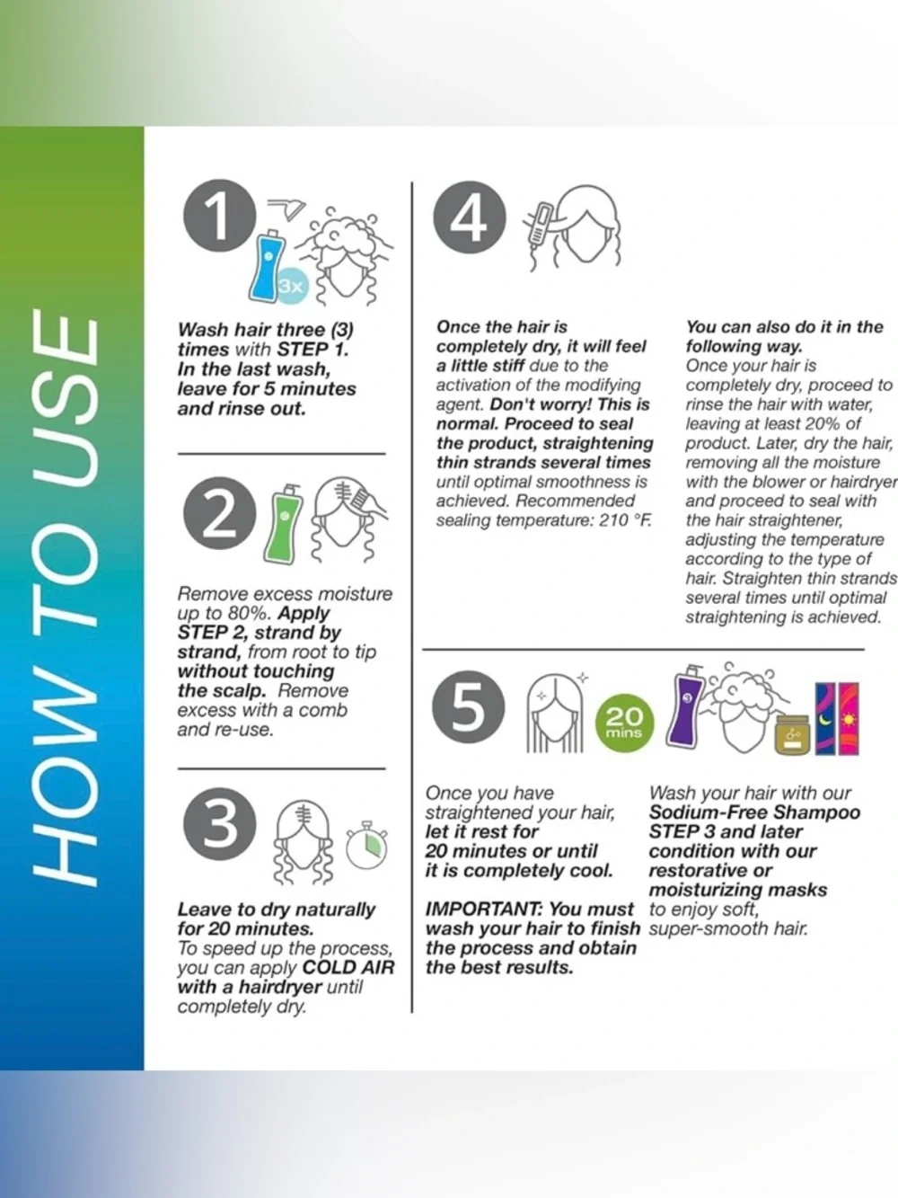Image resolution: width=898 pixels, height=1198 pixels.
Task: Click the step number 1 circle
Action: click(220, 216)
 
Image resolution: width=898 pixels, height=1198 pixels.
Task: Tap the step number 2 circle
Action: click(220, 513)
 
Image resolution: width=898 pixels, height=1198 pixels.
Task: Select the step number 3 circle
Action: click(220, 823)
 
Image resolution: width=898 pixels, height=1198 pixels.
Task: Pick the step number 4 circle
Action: click(470, 217)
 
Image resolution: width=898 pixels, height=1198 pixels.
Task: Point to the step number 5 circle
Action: click(469, 706)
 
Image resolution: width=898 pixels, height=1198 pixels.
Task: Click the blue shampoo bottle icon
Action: click(267, 265)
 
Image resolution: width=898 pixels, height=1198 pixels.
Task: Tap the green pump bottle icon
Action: click(283, 524)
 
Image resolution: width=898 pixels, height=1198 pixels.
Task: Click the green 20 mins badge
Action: click(624, 723)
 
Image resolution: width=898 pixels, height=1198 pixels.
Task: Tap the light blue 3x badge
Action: click(292, 286)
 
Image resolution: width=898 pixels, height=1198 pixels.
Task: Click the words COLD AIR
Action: click(348, 967)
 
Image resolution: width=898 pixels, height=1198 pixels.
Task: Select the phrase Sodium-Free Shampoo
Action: click(754, 812)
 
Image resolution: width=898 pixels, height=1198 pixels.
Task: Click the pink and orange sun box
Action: click(849, 718)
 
